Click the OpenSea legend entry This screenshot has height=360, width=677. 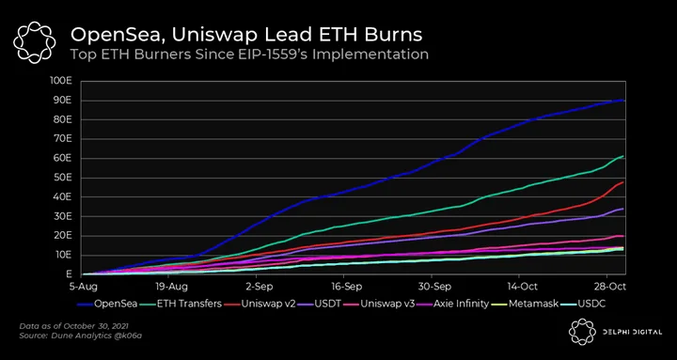pyautogui.click(x=107, y=304)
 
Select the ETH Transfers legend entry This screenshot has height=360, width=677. pyautogui.click(x=181, y=304)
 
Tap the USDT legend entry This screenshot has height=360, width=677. pyautogui.click(x=320, y=304)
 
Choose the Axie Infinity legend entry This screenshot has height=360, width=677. pyautogui.click(x=454, y=304)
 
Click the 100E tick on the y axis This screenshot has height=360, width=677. pyautogui.click(x=62, y=81)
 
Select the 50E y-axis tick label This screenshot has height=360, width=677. pyautogui.click(x=64, y=178)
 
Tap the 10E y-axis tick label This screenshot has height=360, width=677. pyautogui.click(x=64, y=255)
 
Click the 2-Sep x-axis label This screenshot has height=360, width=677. pyautogui.click(x=256, y=287)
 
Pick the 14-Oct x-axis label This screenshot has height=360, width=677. pyautogui.click(x=519, y=287)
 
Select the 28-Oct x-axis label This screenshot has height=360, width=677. pyautogui.click(x=607, y=287)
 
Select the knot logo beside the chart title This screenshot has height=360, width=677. pyautogui.click(x=34, y=42)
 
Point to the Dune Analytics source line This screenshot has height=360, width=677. pyautogui.click(x=80, y=335)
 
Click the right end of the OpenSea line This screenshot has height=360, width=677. pyautogui.click(x=623, y=101)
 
